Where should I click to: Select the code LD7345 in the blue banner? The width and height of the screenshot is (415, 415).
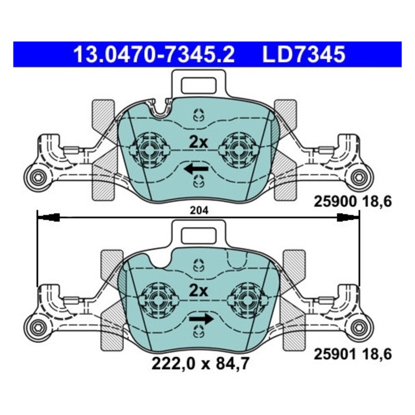pyautogui.click(x=304, y=55)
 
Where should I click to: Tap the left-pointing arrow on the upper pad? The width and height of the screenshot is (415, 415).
pyautogui.click(x=197, y=168)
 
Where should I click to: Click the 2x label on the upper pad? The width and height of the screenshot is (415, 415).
pyautogui.click(x=198, y=141)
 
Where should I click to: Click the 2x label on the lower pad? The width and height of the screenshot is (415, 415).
pyautogui.click(x=198, y=291)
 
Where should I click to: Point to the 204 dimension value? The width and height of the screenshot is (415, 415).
pyautogui.click(x=198, y=212)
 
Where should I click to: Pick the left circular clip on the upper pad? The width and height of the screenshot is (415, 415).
pyautogui.click(x=149, y=148)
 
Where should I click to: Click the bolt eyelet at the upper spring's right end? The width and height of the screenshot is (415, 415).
pyautogui.click(x=359, y=177)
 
